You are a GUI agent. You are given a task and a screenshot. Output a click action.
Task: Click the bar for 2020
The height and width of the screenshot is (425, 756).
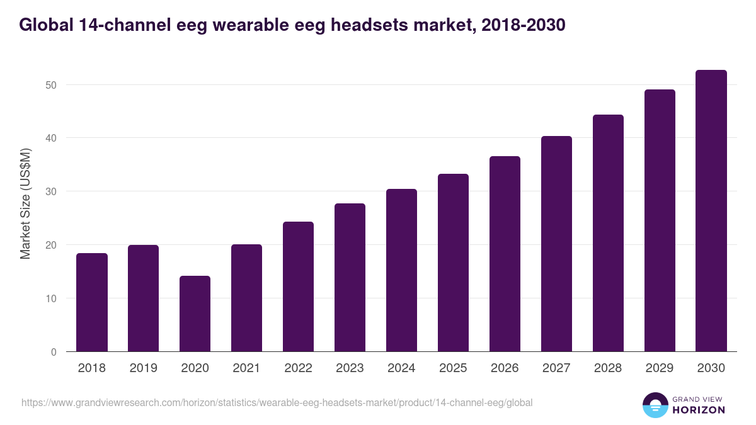(x=195, y=314)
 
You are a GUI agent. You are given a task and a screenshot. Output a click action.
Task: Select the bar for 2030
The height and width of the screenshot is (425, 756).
(x=711, y=211)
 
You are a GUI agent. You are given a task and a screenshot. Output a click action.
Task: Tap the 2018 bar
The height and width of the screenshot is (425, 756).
(x=92, y=302)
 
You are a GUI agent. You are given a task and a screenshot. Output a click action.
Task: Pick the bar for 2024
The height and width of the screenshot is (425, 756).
(x=401, y=270)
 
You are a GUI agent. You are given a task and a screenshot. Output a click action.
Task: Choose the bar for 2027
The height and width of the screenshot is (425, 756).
(x=556, y=244)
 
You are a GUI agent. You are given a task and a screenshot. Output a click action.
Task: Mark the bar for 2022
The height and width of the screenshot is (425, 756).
(x=298, y=286)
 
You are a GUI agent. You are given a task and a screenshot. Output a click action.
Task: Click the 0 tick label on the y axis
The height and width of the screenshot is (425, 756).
(x=54, y=352)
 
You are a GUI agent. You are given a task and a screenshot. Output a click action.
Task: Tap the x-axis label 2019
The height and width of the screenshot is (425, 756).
(x=144, y=368)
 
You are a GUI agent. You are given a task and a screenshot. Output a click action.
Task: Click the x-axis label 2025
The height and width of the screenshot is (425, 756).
(x=453, y=368)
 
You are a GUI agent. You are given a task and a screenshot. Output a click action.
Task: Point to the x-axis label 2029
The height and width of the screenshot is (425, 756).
(x=660, y=368)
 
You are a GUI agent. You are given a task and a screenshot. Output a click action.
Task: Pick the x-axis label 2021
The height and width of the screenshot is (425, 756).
(x=246, y=368)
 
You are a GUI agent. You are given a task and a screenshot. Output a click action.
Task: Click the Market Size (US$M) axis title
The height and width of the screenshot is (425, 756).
(x=25, y=203)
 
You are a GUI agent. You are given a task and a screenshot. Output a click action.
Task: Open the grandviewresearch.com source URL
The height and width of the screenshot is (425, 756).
(x=277, y=402)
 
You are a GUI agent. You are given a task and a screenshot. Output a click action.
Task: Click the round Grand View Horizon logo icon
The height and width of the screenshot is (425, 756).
(x=655, y=405)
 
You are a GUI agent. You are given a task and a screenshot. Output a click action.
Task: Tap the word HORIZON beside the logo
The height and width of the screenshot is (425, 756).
(x=699, y=410)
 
